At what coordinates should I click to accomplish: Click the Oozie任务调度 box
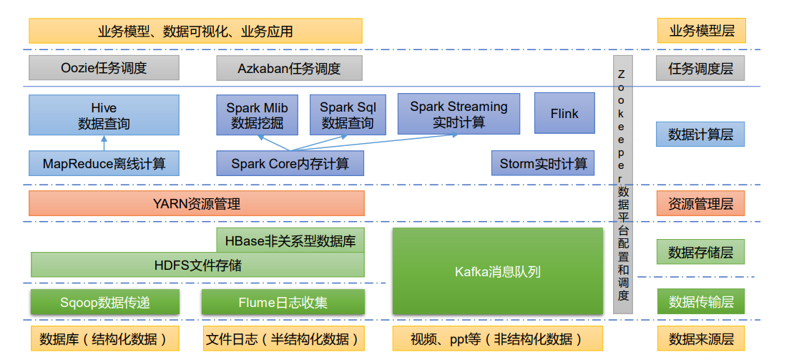(104, 69)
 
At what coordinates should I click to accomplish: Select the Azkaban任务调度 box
(289, 69)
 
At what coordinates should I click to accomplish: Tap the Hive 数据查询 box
(104, 115)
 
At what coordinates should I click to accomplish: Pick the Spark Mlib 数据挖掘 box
(258, 115)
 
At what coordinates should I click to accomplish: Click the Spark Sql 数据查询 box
(348, 115)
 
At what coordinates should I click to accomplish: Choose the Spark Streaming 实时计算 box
(459, 114)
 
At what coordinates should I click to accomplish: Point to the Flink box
(564, 113)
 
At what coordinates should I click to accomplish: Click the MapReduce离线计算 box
(104, 164)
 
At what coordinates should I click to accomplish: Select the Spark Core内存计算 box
(290, 164)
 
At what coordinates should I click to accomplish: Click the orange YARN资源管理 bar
(196, 204)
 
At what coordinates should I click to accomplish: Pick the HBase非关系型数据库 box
(290, 240)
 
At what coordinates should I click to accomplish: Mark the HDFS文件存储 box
(197, 266)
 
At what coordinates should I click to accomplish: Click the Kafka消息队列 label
(498, 272)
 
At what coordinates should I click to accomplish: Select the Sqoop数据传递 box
(105, 302)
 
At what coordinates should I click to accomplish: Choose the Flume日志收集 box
(283, 302)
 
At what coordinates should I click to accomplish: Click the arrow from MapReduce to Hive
(104, 143)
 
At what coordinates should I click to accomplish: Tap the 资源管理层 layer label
(700, 204)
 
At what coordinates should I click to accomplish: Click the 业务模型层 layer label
(700, 31)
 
